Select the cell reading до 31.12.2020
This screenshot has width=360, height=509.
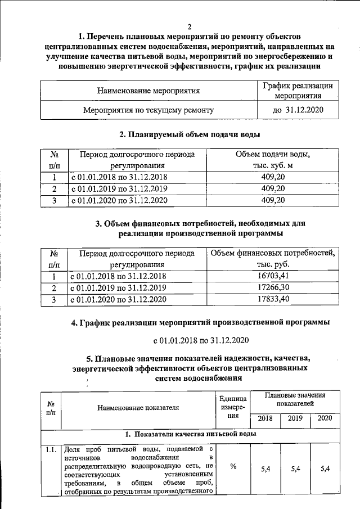pos(298,110)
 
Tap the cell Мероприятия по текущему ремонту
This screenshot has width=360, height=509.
pos(148,110)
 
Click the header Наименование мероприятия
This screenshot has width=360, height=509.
pos(148,90)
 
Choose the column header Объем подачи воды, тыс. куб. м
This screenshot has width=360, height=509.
pos(273,160)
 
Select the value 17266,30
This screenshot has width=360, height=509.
pos(273,287)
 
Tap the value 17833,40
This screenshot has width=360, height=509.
pos(273,299)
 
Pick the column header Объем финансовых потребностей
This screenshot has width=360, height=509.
pos(273,253)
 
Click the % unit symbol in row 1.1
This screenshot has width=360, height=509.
pos(233,467)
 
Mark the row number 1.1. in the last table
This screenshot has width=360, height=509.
pos(51,449)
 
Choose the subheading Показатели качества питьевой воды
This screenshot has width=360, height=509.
pos(191,434)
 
